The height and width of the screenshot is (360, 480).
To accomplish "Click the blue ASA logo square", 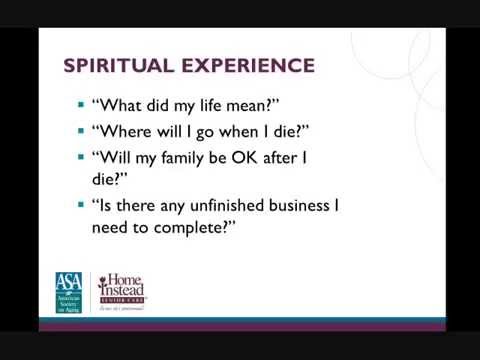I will tap(71, 292).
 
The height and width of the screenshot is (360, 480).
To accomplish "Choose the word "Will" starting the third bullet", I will tap(113, 156).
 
